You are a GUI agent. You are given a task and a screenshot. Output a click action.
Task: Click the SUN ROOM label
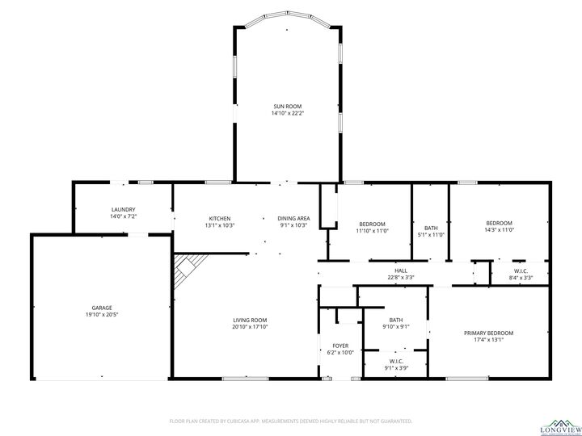tap(287, 106)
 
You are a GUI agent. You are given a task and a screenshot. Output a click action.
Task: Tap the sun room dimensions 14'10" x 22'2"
tap(287, 114)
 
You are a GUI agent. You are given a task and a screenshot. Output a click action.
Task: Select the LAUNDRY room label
tap(123, 209)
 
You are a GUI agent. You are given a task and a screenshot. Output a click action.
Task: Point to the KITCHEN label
tap(220, 218)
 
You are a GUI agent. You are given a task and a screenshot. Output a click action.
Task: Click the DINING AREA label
tap(293, 218)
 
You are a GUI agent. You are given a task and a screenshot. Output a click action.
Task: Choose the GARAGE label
tap(101, 308)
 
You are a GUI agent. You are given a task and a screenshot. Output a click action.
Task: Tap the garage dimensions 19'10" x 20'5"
tap(101, 315)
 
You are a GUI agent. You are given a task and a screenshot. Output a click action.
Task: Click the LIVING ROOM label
tap(250, 320)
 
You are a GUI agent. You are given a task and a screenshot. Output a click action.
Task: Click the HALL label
tap(400, 270)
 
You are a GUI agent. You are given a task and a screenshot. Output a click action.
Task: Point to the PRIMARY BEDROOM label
tap(488, 333)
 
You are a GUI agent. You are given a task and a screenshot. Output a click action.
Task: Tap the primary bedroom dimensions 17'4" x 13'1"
tap(488, 340)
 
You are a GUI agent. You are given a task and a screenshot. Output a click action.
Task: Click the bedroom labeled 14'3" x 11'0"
tap(499, 223)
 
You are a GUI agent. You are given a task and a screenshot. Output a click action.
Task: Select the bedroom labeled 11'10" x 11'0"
tap(372, 223)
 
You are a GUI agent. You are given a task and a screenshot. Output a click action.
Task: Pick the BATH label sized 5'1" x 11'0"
tap(431, 227)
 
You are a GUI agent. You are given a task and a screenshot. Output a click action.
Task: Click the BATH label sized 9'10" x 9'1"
tap(395, 320)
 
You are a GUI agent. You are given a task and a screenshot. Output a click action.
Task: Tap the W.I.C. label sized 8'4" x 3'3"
tap(521, 270)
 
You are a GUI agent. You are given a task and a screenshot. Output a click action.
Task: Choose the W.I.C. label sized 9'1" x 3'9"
tap(396, 361)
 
